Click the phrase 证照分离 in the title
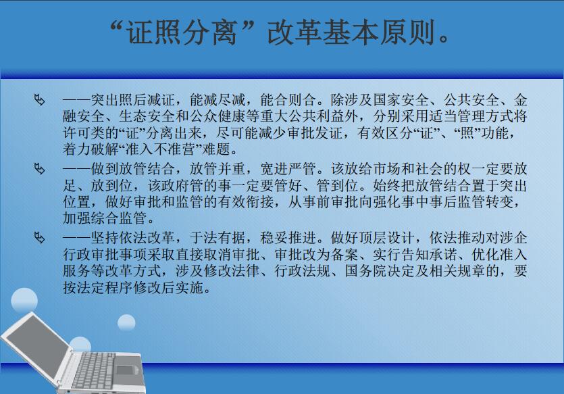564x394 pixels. (x=182, y=32)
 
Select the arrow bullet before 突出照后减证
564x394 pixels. (x=40, y=99)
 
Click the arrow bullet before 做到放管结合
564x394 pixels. (x=40, y=168)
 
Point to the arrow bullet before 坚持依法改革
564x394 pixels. (x=40, y=237)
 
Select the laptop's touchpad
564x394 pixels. (x=124, y=370)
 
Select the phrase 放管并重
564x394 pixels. (x=217, y=168)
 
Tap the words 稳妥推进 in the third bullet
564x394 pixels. (x=288, y=237)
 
